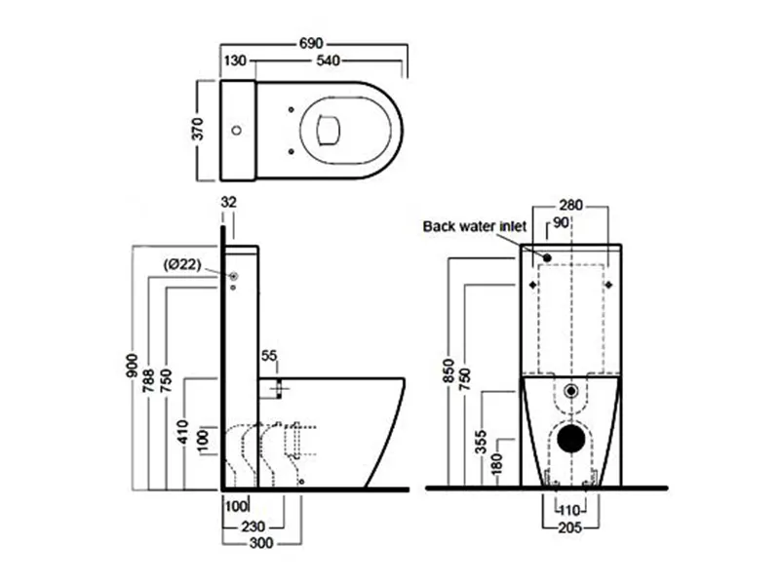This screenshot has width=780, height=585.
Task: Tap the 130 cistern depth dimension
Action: (x=235, y=62)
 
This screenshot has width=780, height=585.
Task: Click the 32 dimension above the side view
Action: (x=229, y=203)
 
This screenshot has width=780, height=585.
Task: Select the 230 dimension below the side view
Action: (x=256, y=526)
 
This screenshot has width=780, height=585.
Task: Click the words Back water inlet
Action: (x=474, y=226)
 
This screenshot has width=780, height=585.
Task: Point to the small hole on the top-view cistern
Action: (x=235, y=131)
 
